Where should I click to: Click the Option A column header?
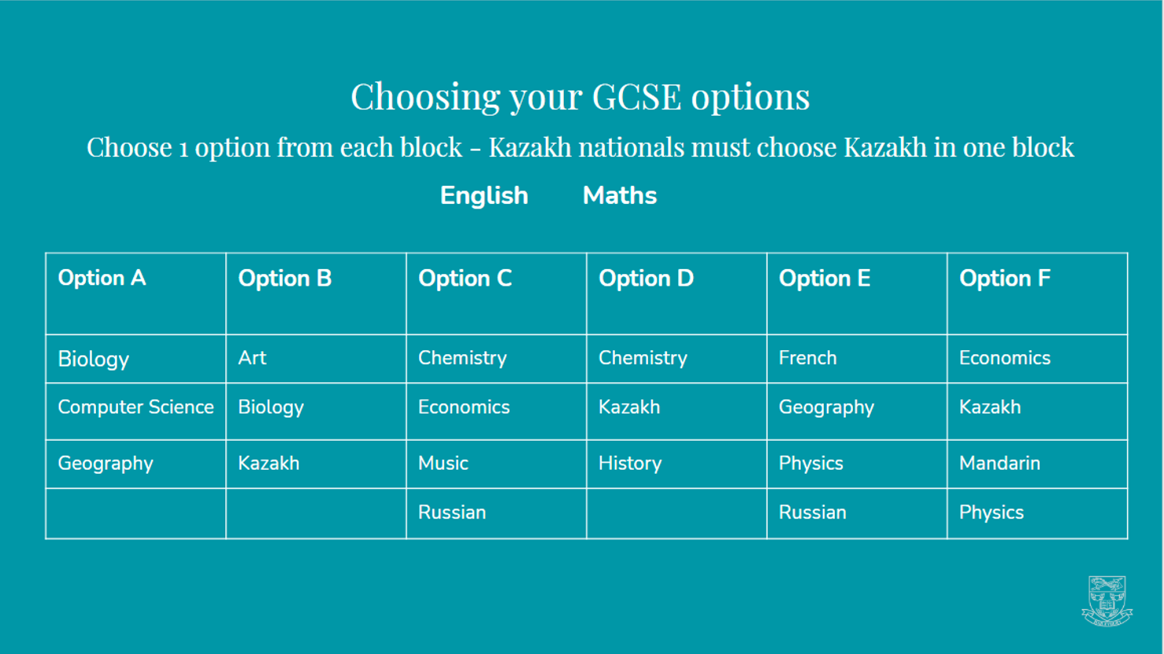click(x=102, y=279)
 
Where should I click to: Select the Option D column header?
click(x=646, y=279)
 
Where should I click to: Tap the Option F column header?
click(x=1004, y=279)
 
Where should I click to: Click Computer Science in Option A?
click(x=135, y=408)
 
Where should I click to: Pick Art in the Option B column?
click(x=252, y=358)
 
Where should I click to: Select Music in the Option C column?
click(x=443, y=464)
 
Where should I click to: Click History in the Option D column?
click(x=630, y=464)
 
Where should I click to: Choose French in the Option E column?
click(x=807, y=358)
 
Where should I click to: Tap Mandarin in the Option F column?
click(x=999, y=464)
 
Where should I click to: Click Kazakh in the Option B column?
click(x=269, y=464)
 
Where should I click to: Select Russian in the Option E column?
click(x=812, y=512)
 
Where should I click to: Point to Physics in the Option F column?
click(x=991, y=512)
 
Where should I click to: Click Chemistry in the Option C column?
click(x=462, y=358)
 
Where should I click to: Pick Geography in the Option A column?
click(x=106, y=464)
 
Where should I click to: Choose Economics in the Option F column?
click(x=1004, y=358)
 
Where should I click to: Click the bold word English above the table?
click(x=484, y=196)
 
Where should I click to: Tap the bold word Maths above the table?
click(x=619, y=196)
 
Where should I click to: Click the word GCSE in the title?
click(x=636, y=97)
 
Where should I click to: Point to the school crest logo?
click(x=1107, y=600)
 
